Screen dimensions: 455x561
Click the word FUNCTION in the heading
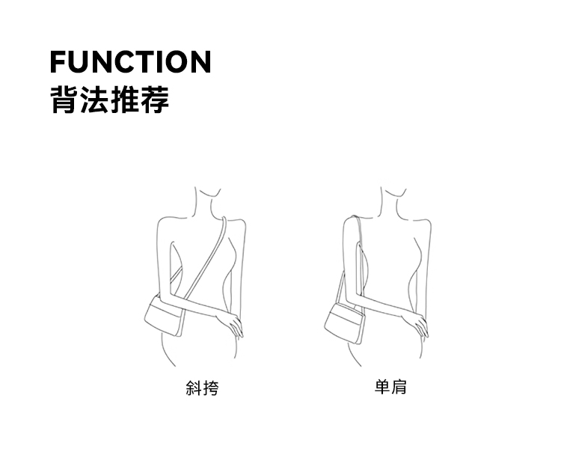point(130,61)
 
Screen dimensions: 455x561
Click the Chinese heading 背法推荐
point(109,100)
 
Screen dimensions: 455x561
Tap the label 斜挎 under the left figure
point(202,388)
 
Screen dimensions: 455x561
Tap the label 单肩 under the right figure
point(390,388)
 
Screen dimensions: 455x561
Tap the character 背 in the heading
point(62,100)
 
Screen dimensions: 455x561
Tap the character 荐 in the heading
point(156,100)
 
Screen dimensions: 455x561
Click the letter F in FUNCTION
point(58,61)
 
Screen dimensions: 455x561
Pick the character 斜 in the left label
point(194,388)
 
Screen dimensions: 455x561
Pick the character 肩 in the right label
point(399,388)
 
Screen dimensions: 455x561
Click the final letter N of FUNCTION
point(200,61)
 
